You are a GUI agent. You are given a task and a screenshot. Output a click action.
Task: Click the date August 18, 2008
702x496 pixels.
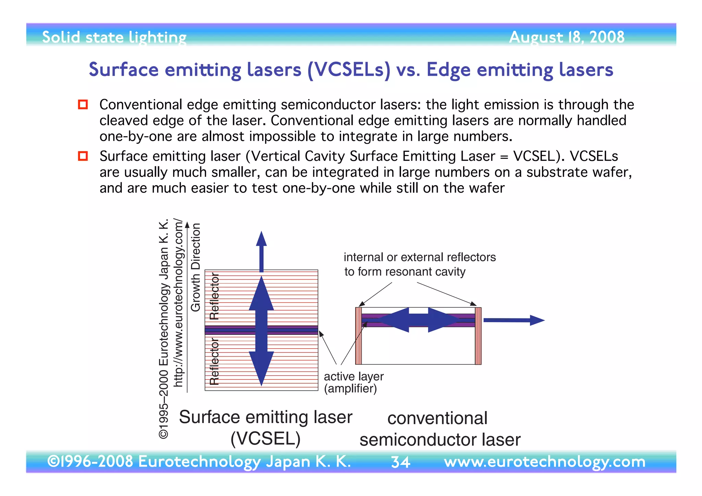566,37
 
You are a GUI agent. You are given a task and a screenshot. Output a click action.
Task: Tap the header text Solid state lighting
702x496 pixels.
114,37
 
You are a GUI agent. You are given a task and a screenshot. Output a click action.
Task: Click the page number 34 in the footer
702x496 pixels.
400,462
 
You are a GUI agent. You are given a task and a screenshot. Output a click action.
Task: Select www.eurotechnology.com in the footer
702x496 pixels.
544,462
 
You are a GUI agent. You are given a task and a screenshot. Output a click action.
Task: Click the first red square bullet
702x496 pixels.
83,104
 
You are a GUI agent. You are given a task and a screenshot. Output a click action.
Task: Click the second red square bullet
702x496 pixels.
83,156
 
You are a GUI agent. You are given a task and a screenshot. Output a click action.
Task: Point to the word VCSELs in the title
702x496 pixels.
349,70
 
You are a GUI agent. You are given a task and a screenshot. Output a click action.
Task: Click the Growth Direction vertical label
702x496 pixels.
195,267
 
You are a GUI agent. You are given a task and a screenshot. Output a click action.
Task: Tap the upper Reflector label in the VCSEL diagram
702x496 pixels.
214,297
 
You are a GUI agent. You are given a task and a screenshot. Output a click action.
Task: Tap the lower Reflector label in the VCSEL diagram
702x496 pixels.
214,362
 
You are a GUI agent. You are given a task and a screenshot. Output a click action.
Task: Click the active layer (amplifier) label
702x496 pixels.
353,382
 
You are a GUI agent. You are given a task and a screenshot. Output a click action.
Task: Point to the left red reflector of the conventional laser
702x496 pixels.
359,336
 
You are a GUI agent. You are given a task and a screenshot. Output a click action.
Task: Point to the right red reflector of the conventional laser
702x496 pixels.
478,336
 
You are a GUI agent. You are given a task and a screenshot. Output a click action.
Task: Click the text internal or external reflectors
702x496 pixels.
420,257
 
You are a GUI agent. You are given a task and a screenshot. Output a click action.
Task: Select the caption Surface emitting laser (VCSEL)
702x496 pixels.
266,427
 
